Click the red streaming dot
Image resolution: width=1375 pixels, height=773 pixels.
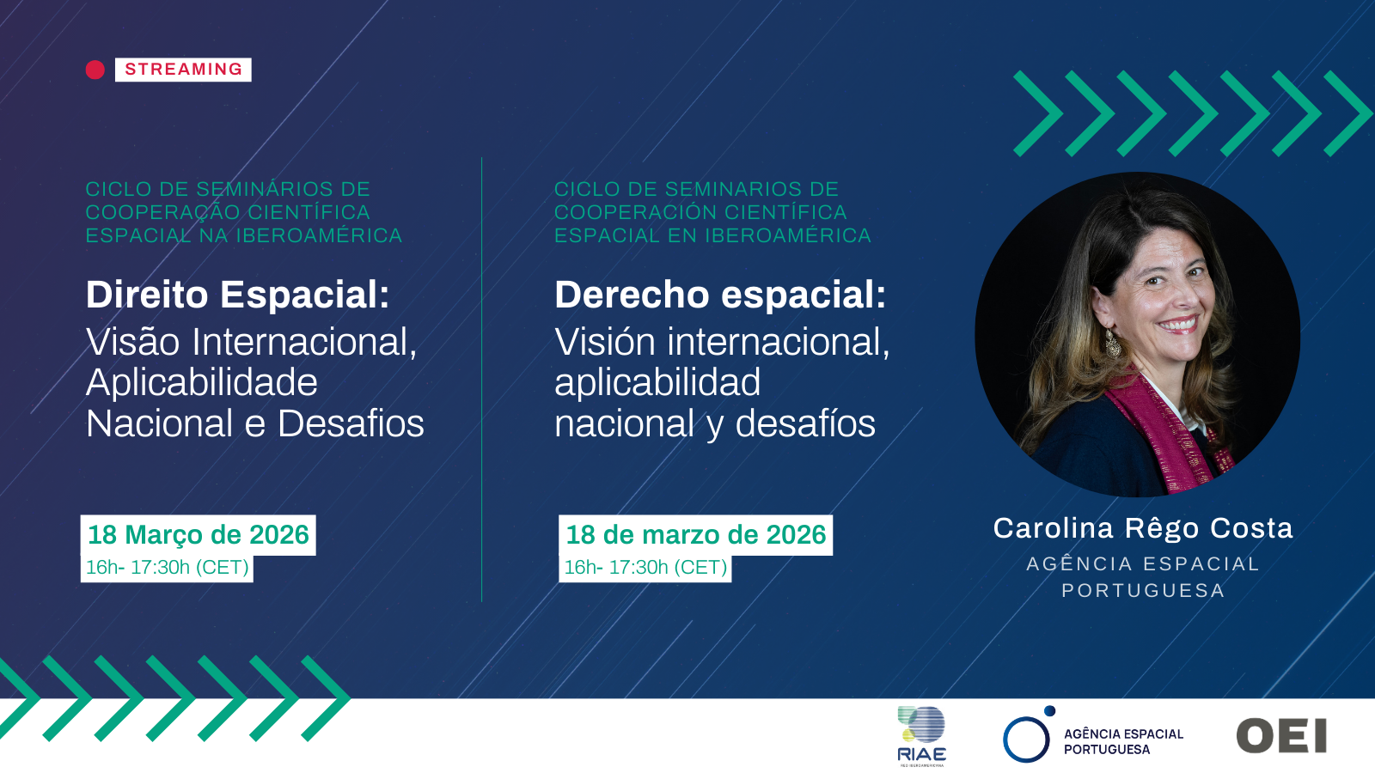click(x=95, y=70)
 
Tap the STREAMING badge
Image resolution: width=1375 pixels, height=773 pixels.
click(x=183, y=70)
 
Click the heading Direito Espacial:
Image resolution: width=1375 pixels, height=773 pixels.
click(x=238, y=295)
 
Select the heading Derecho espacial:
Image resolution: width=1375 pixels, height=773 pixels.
click(x=720, y=295)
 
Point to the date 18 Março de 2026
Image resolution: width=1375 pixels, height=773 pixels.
click(x=199, y=535)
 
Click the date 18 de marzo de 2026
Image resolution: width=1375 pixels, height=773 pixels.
click(x=695, y=535)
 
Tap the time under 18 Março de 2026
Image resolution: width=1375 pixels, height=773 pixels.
click(x=167, y=568)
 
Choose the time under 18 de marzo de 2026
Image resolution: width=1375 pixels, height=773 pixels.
click(x=645, y=568)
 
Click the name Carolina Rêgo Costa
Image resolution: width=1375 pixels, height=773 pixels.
click(x=1143, y=528)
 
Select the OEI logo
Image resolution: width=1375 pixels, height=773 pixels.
click(x=1281, y=736)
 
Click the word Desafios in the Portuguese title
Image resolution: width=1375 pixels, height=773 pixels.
click(x=351, y=423)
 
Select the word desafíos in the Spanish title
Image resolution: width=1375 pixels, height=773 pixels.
click(x=805, y=423)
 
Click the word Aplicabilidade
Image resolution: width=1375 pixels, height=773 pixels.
click(x=202, y=383)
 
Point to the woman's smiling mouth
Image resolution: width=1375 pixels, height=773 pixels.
click(x=1178, y=324)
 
